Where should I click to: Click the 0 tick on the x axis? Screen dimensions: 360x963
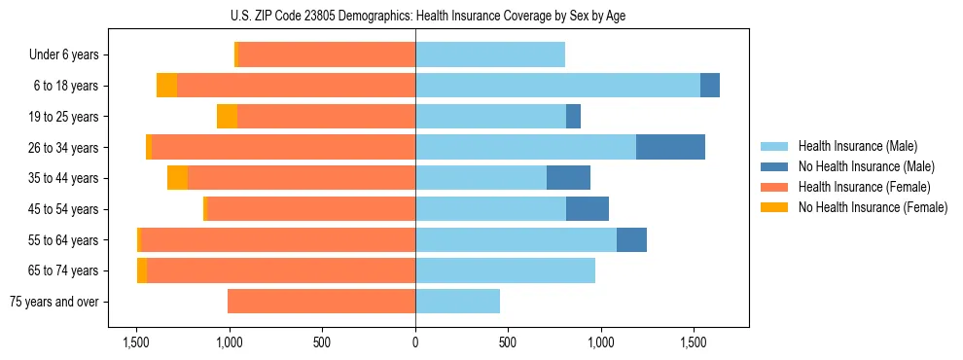click(415, 342)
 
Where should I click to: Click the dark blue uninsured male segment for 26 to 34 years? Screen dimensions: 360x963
click(670, 147)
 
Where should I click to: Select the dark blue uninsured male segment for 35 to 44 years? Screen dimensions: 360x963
click(568, 178)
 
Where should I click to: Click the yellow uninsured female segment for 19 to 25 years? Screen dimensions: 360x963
click(227, 117)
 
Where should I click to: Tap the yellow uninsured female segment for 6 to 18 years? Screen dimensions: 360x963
click(166, 86)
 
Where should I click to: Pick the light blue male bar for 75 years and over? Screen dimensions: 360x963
click(457, 302)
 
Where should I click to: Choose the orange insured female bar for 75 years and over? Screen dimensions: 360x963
click(321, 302)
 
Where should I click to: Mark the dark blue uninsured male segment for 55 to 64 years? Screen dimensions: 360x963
click(631, 239)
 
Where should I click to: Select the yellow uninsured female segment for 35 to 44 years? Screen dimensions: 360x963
click(177, 178)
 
